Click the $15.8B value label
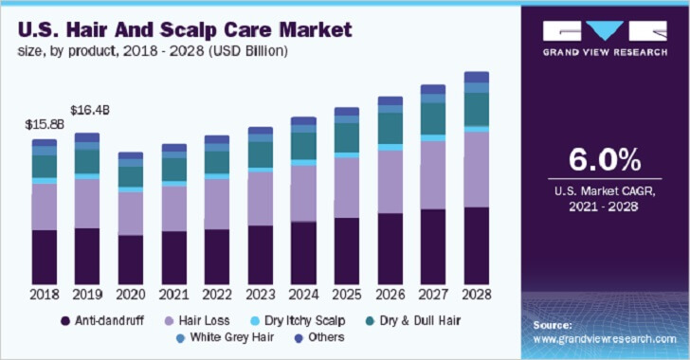[x=44, y=123]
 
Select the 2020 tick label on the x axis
[x=131, y=296]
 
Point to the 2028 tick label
[x=477, y=296]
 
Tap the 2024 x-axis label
[x=303, y=296]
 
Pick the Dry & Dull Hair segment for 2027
[x=433, y=119]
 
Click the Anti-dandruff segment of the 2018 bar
[x=45, y=256]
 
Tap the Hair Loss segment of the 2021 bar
[x=174, y=208]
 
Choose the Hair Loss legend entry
[x=195, y=320]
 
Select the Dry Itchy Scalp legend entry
[x=302, y=320]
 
